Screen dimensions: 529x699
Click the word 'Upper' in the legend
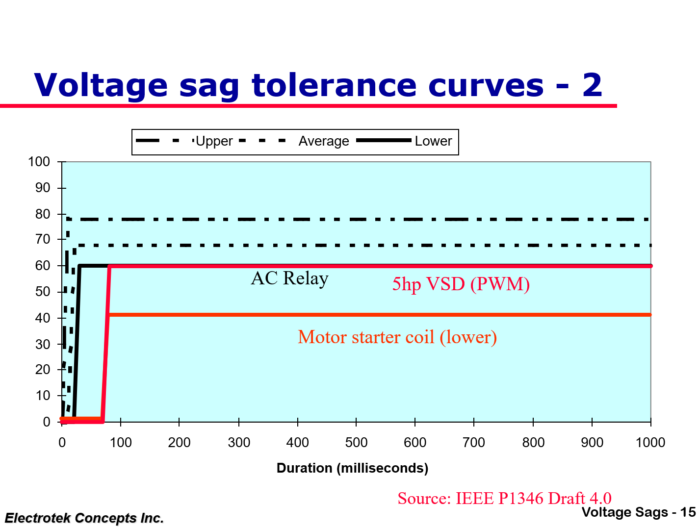point(214,141)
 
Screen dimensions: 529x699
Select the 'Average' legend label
point(324,141)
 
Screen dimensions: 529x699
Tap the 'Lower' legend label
point(433,141)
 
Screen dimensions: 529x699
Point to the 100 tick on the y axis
point(39,162)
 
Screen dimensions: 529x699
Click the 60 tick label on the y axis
point(43,266)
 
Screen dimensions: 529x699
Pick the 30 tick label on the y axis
point(43,344)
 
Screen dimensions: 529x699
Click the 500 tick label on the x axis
point(356,443)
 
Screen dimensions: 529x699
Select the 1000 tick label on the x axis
point(650,443)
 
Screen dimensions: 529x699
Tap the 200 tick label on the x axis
point(179,443)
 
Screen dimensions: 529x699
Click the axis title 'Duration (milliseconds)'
point(352,468)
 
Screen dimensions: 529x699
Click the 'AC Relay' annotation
point(289,278)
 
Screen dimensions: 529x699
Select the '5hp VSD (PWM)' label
point(461,284)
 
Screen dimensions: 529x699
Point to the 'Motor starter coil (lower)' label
point(397,337)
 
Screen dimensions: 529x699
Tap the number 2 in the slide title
point(592,85)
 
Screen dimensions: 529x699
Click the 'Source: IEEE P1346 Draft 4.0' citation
point(504,498)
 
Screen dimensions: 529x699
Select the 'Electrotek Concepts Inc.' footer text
point(84,518)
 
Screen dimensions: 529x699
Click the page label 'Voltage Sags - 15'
point(639,512)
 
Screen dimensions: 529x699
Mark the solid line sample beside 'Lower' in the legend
point(384,141)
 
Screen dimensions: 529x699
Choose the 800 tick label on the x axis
point(533,443)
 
